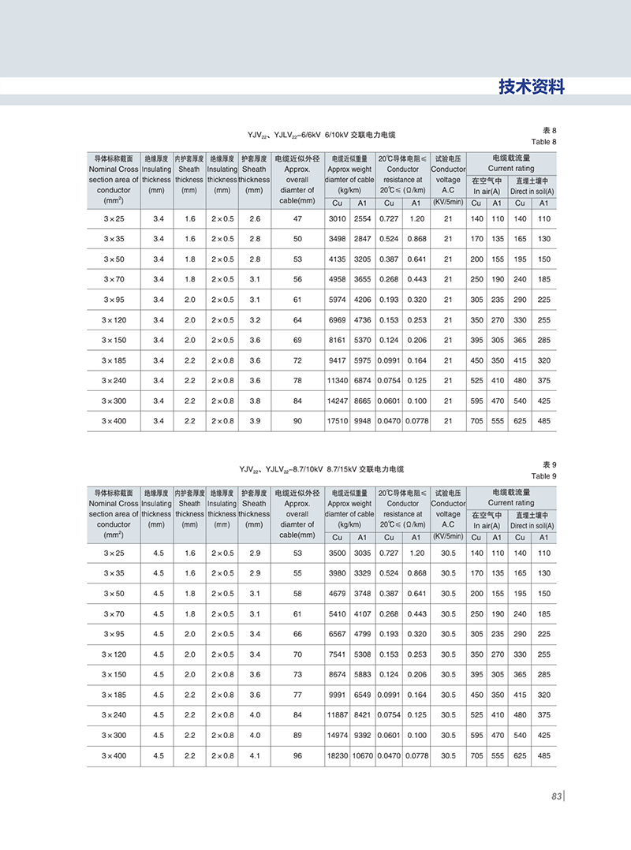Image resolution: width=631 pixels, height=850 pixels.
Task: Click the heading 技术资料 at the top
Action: click(x=532, y=87)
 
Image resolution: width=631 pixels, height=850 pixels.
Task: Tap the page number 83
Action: click(x=556, y=796)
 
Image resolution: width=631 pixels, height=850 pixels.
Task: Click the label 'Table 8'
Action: click(x=543, y=142)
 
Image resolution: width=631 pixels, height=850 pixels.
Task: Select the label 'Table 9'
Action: click(x=543, y=476)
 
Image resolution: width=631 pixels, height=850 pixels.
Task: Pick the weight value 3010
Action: click(x=338, y=218)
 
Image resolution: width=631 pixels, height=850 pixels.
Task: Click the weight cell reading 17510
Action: click(x=338, y=421)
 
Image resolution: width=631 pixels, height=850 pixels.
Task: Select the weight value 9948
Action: click(x=362, y=421)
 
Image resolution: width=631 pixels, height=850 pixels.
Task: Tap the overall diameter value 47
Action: click(x=297, y=218)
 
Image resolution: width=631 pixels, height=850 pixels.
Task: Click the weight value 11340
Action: click(x=338, y=380)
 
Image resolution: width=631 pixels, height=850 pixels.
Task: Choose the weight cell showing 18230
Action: click(x=338, y=755)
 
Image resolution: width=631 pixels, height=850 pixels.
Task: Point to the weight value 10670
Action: click(x=363, y=755)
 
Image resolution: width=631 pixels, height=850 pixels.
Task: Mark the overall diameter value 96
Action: click(x=297, y=755)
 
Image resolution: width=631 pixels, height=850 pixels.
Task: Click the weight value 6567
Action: click(x=338, y=634)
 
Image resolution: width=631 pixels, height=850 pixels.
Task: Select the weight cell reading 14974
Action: click(x=338, y=735)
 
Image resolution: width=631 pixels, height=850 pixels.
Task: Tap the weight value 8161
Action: click(x=338, y=340)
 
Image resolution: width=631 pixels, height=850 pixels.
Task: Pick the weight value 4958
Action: click(x=338, y=279)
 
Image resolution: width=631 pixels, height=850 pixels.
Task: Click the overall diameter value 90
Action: click(x=297, y=421)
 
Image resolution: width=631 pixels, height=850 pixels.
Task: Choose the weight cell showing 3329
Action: click(x=362, y=573)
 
